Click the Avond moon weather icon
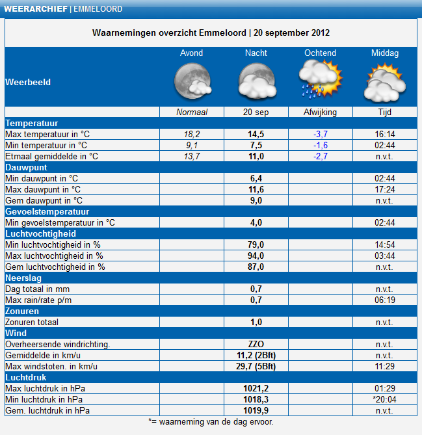(x=192, y=81)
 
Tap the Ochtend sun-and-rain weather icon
(x=321, y=79)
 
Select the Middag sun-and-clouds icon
(x=384, y=83)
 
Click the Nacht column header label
(x=256, y=53)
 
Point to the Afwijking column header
(x=320, y=112)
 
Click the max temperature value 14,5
(x=256, y=135)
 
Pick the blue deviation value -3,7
(x=321, y=135)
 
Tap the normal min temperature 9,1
(x=192, y=146)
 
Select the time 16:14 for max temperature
(x=385, y=135)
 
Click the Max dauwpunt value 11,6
(x=256, y=189)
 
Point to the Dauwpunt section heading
(x=27, y=168)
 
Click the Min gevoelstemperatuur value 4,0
(x=256, y=223)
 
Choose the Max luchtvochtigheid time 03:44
(x=385, y=256)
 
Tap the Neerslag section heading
(x=23, y=278)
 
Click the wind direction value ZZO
(x=256, y=344)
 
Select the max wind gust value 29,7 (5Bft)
(x=256, y=367)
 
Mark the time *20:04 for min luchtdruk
(x=384, y=399)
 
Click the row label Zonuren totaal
(x=32, y=322)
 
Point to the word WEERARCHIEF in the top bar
(x=36, y=9)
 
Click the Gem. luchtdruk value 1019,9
(x=256, y=410)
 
